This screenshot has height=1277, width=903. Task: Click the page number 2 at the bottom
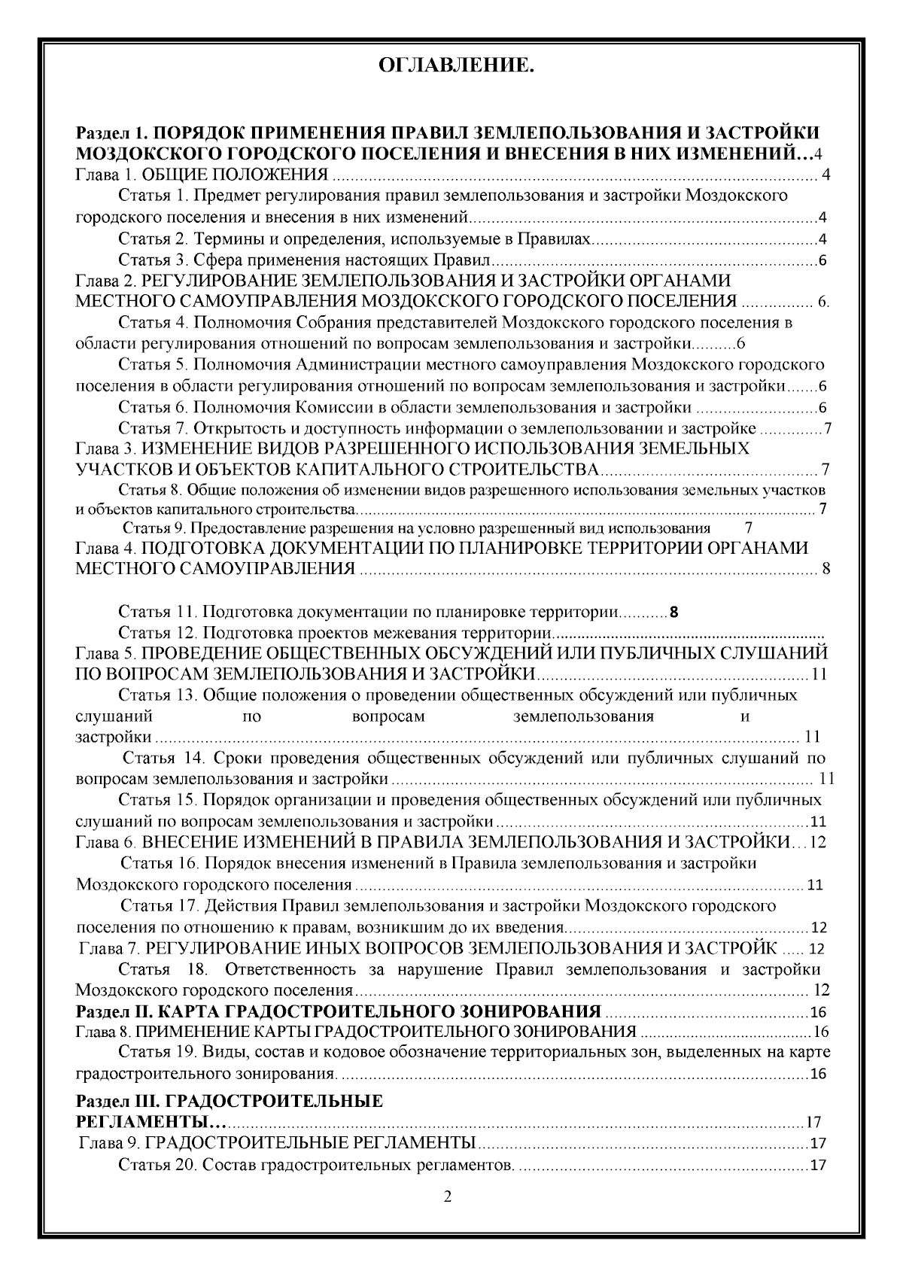(448, 1197)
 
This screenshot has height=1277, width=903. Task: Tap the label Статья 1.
(151, 197)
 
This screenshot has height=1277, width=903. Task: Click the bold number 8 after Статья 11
(673, 611)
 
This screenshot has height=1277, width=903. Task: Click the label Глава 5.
(105, 652)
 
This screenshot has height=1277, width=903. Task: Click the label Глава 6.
(105, 842)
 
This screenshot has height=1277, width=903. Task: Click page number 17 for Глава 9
(818, 1145)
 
